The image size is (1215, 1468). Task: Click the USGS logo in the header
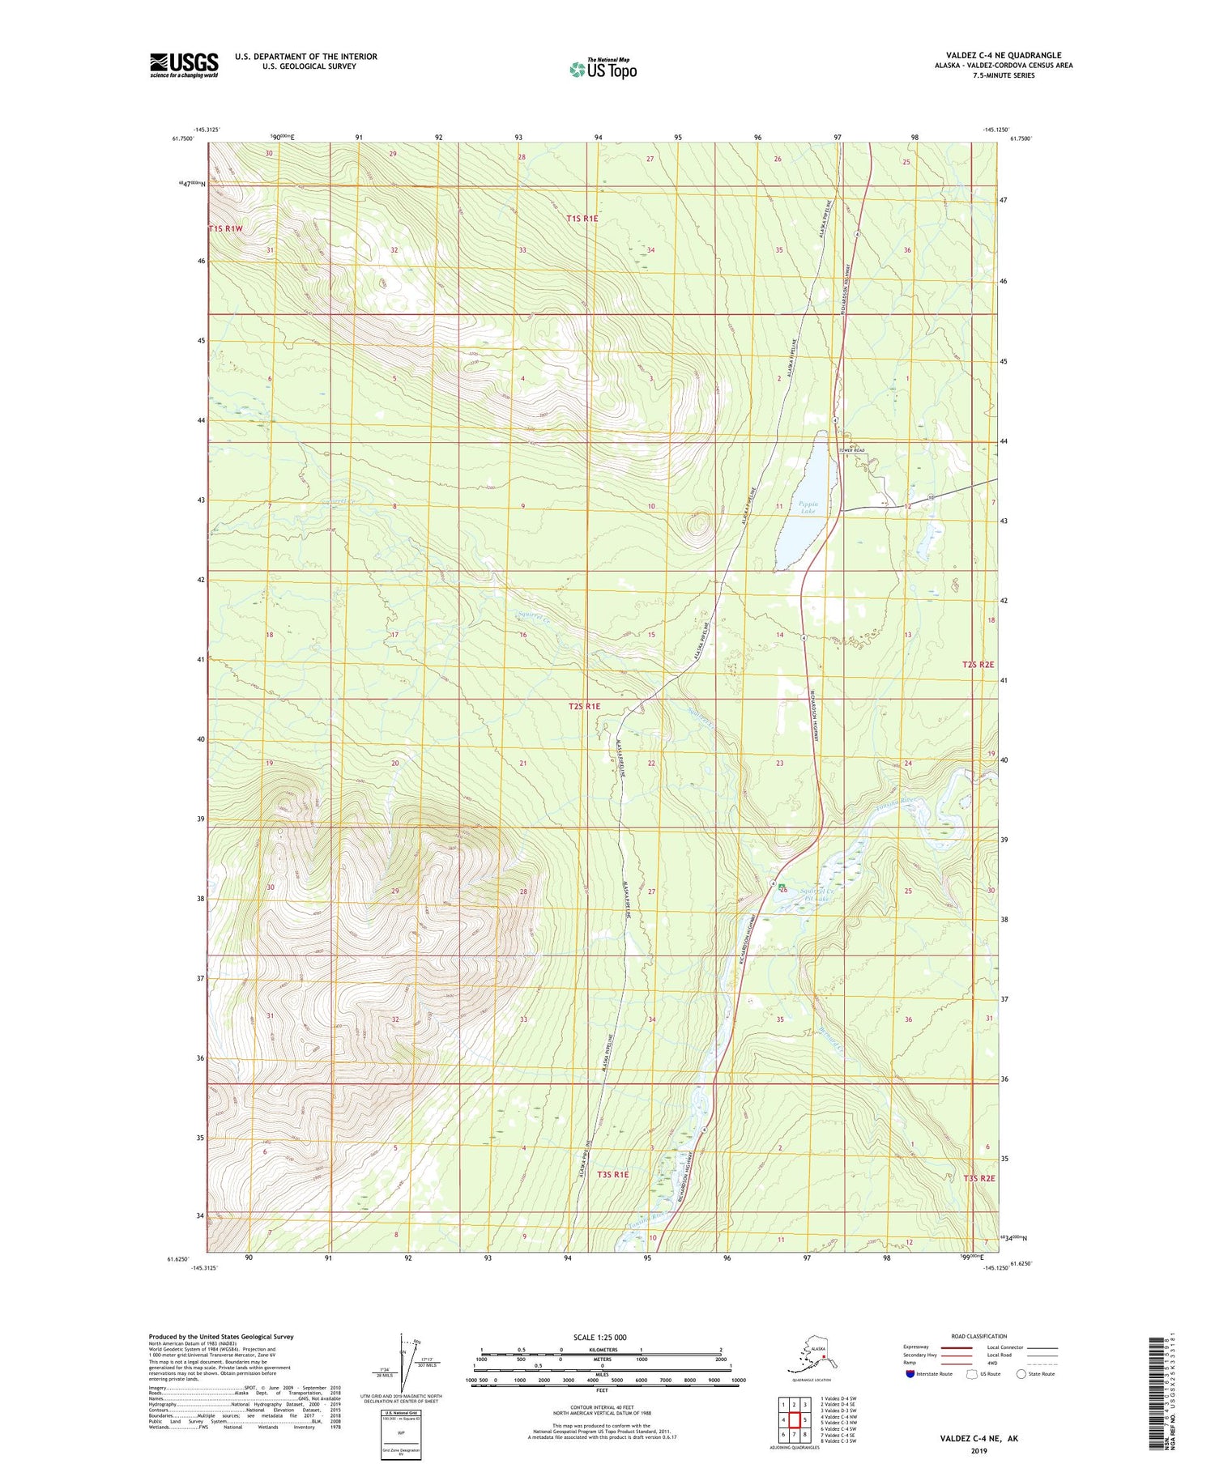(x=184, y=65)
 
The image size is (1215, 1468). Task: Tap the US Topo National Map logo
(x=603, y=68)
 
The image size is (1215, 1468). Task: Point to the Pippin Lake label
(x=808, y=508)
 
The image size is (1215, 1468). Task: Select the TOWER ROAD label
(x=851, y=450)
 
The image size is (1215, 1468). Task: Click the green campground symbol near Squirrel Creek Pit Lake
(x=782, y=889)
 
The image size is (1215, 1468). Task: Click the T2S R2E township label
(x=978, y=664)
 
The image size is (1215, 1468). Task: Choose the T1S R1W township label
(x=226, y=229)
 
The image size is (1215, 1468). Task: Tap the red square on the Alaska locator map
(x=823, y=1358)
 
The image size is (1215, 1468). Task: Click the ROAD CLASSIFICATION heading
(x=978, y=1336)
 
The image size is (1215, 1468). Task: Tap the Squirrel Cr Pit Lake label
(x=816, y=895)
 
